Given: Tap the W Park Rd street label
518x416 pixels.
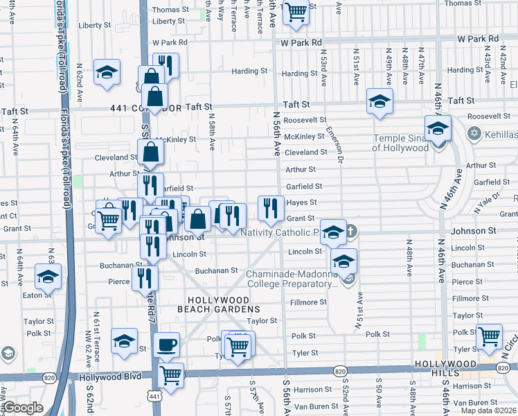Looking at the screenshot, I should coord(301,42).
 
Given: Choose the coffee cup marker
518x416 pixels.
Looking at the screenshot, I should coord(166,345).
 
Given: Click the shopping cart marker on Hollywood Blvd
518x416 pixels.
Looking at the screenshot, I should coord(170,375).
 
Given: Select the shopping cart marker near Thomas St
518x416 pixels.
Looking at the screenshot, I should coord(296,12).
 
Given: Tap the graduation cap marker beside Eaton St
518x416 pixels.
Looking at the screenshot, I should coord(48,276).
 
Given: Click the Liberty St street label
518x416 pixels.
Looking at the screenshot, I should coord(95,25).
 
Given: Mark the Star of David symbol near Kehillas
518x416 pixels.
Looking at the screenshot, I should coord(474,132).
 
